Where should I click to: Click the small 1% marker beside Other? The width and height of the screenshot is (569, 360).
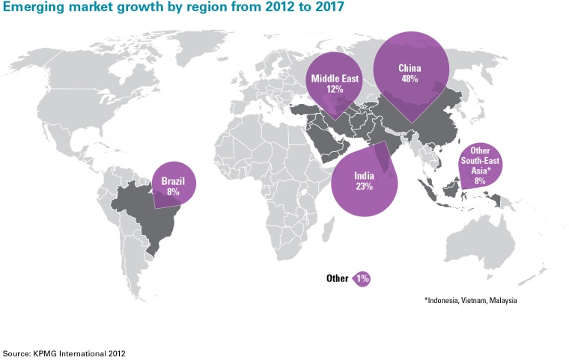[x=362, y=278]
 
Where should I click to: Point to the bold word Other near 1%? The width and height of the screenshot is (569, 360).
[x=337, y=278]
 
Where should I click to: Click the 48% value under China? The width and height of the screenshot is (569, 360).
[x=410, y=79]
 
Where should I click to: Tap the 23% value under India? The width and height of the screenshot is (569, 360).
[x=364, y=187]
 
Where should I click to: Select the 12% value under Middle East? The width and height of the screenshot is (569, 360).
[x=334, y=88]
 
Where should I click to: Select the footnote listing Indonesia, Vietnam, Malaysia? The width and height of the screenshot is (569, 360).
[x=471, y=300]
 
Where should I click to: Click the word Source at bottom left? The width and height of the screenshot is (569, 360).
[x=16, y=351]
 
